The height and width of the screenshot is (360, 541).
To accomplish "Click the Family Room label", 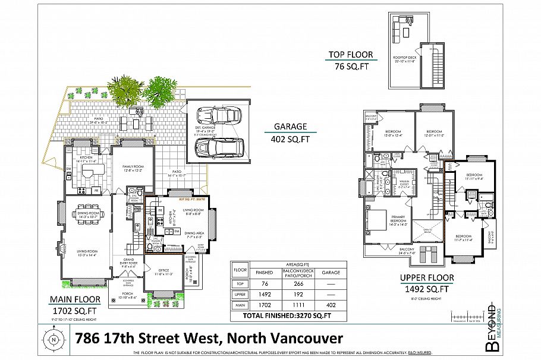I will (x=132, y=168).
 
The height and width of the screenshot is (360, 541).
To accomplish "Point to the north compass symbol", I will (x=54, y=340).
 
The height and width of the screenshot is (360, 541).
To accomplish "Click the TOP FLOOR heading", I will (x=351, y=55).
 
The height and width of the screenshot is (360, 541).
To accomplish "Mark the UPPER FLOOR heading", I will (x=427, y=277).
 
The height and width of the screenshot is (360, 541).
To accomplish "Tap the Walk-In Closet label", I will (x=407, y=184).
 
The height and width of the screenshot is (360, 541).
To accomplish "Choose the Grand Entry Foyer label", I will (x=131, y=263).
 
